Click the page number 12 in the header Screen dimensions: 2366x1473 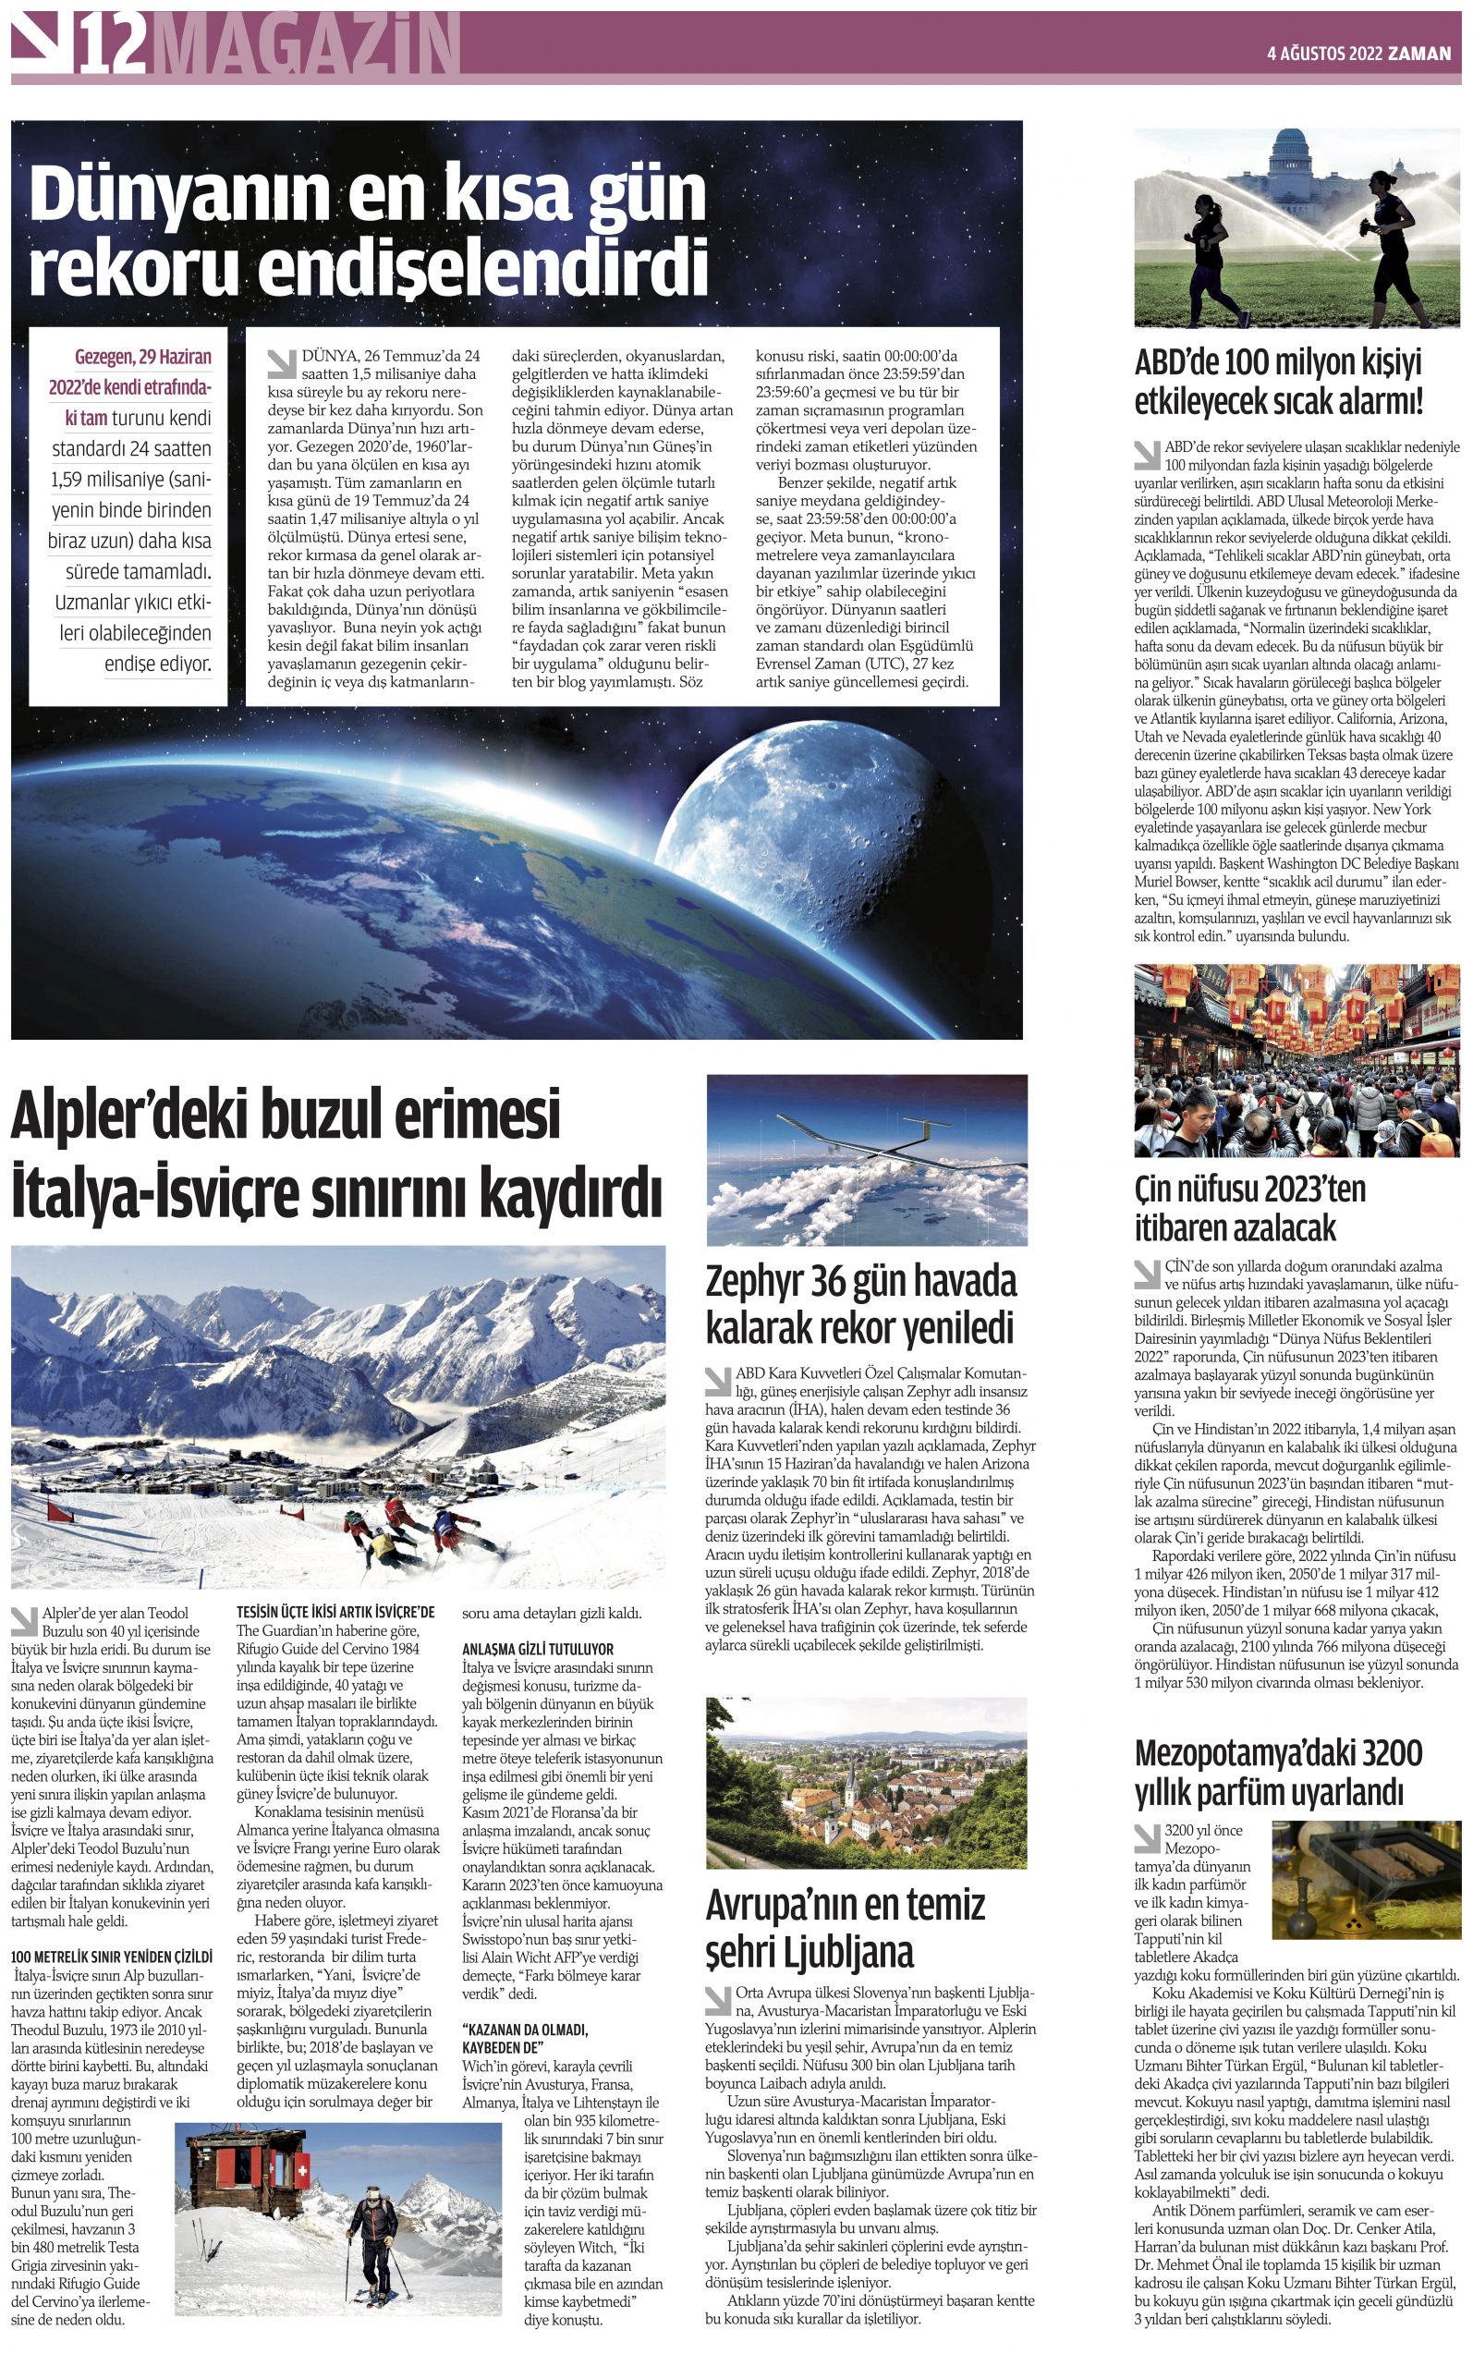114,46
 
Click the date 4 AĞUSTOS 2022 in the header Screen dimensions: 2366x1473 1325,55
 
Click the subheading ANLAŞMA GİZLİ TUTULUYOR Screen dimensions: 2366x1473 538,1649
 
